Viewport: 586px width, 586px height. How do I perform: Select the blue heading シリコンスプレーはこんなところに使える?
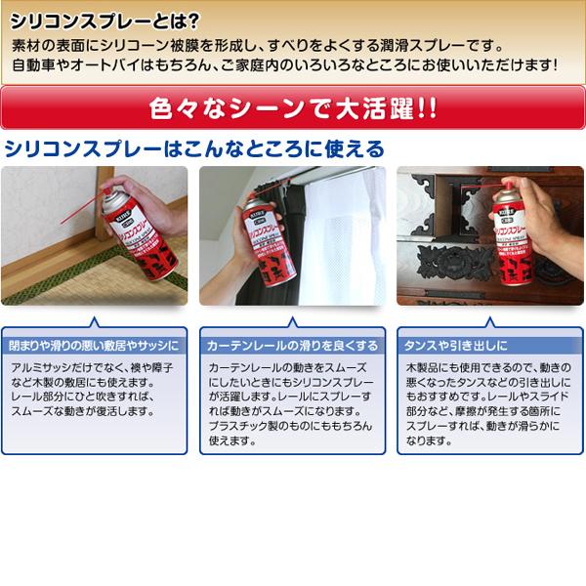[x=194, y=149]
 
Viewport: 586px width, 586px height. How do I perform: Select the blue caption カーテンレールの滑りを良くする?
[x=291, y=346]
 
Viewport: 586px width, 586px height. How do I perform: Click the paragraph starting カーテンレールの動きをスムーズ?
[x=291, y=401]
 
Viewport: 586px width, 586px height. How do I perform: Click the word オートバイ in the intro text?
[x=120, y=67]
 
